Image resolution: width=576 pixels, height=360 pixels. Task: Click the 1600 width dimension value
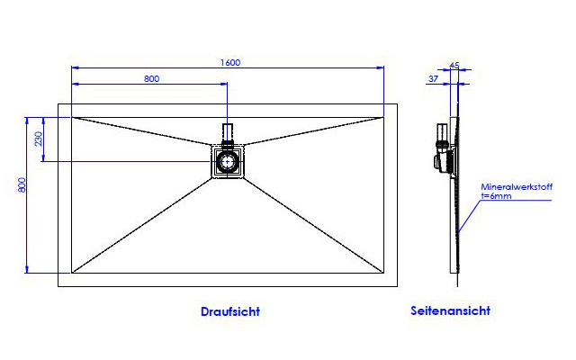230,62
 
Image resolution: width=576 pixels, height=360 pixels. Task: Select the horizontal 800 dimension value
152,78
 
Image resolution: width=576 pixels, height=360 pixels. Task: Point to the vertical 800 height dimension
22,184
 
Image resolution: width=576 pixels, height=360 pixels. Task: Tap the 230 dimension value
39,139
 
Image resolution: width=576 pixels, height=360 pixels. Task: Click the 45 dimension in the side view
454,66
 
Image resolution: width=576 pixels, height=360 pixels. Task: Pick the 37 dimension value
434,78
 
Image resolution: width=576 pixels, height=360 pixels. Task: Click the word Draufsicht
230,311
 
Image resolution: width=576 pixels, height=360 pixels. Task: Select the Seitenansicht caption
450,310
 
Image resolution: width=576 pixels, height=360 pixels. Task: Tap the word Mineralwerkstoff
517,186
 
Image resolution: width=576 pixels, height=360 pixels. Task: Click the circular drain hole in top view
228,162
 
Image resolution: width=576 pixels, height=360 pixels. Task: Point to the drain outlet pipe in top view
228,133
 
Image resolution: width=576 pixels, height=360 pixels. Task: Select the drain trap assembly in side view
444,148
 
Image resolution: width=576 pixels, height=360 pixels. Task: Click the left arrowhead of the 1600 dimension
76,67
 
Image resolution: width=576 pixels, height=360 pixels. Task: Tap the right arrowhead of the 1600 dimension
380,67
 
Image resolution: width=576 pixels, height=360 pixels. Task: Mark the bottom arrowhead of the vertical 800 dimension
26,269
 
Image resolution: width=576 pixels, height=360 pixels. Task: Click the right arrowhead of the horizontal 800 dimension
223,84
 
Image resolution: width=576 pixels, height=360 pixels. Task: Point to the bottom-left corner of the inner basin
72,273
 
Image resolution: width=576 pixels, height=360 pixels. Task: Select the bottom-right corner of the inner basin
384,273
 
